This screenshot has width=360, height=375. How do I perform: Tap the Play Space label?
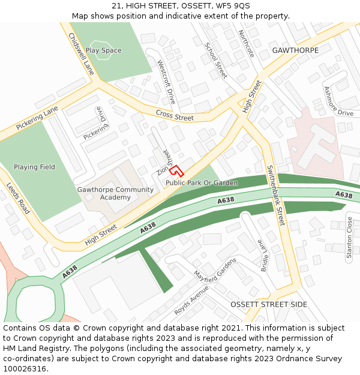pyautogui.click(x=103, y=50)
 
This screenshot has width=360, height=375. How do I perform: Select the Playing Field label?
pyautogui.click(x=34, y=167)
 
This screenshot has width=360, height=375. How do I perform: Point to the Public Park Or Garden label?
pyautogui.click(x=202, y=183)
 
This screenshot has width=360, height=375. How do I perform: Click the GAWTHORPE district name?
pyautogui.click(x=295, y=50)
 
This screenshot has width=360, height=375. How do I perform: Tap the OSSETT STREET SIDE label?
pyautogui.click(x=269, y=305)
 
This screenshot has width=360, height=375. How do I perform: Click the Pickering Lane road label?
pyautogui.click(x=37, y=119)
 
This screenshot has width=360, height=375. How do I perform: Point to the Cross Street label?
pyautogui.click(x=175, y=115)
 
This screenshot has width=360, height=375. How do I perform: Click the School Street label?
pyautogui.click(x=215, y=61)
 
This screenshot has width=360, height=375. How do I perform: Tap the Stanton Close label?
pyautogui.click(x=349, y=238)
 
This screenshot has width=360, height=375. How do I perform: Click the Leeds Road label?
pyautogui.click(x=18, y=199)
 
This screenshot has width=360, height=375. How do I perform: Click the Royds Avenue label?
pyautogui.click(x=191, y=299)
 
